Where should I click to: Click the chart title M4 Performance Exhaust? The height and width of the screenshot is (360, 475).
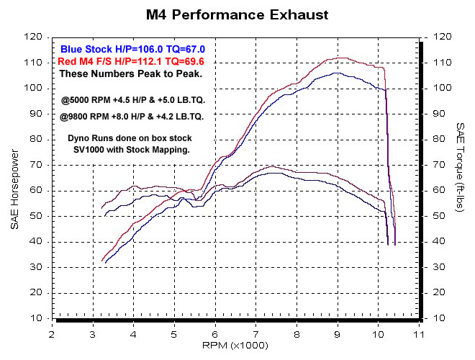pos(237,14)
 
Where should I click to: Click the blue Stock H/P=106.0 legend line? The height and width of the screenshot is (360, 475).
pos(130,48)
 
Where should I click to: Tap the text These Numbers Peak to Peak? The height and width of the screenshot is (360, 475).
pos(130,73)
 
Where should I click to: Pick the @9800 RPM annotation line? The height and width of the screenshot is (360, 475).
pos(132,115)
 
